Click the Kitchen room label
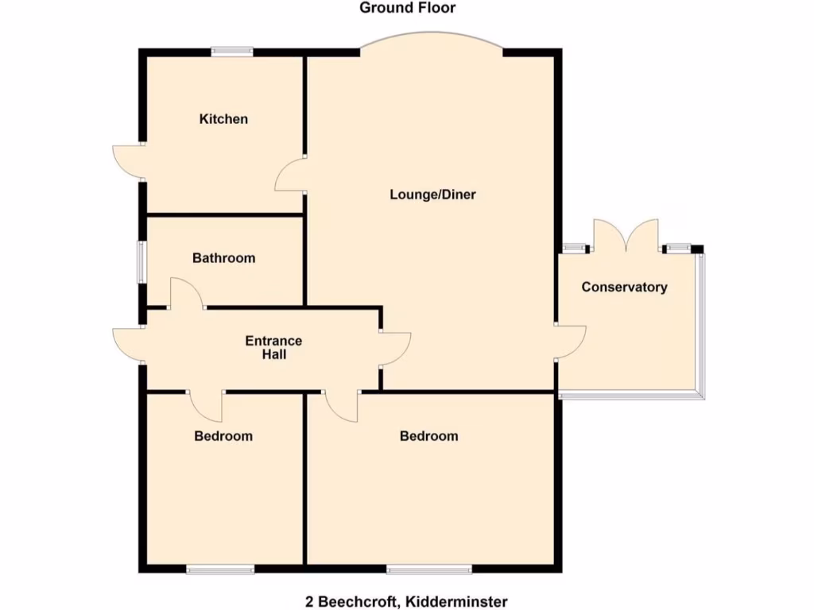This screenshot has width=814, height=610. [223, 119]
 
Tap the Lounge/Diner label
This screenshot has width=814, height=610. [432, 195]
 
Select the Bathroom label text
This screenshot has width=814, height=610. [223, 258]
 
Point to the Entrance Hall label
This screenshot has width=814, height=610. [273, 348]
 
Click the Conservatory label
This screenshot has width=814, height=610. [624, 288]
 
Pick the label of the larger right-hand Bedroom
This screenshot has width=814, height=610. [428, 436]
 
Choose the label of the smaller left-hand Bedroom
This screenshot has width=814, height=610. [223, 436]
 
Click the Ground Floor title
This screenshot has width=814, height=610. [407, 8]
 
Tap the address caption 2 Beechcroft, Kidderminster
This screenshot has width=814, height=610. [407, 602]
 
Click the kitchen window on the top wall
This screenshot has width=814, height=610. [232, 52]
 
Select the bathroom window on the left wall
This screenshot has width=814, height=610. [141, 261]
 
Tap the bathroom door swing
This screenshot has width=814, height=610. [188, 292]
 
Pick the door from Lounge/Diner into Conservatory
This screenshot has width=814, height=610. [571, 342]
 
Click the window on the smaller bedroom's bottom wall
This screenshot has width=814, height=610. [220, 568]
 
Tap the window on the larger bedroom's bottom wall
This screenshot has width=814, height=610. [428, 568]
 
